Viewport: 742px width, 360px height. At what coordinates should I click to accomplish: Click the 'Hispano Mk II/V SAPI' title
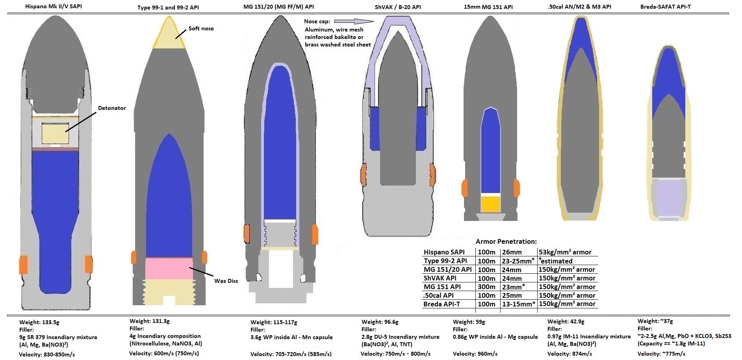click(x=54, y=6)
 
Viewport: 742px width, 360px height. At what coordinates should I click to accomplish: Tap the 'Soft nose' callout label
click(x=201, y=28)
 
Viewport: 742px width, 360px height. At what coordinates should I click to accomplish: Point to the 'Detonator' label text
click(x=112, y=108)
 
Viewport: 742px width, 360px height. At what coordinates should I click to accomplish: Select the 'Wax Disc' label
click(x=226, y=281)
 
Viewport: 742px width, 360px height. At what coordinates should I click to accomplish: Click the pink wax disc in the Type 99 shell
click(x=169, y=269)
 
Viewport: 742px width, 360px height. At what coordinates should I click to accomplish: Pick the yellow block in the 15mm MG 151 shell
click(x=490, y=204)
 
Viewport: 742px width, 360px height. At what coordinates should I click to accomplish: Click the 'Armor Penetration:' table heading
click(x=506, y=241)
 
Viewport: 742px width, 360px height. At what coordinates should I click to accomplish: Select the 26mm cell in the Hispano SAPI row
click(x=512, y=252)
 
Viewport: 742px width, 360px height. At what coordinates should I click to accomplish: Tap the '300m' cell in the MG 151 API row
click(x=486, y=287)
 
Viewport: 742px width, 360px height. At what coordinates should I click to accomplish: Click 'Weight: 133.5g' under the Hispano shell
click(x=39, y=322)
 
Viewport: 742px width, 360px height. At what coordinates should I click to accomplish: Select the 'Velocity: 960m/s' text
click(x=475, y=354)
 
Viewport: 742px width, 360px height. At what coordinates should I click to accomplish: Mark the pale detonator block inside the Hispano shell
click(x=55, y=133)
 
